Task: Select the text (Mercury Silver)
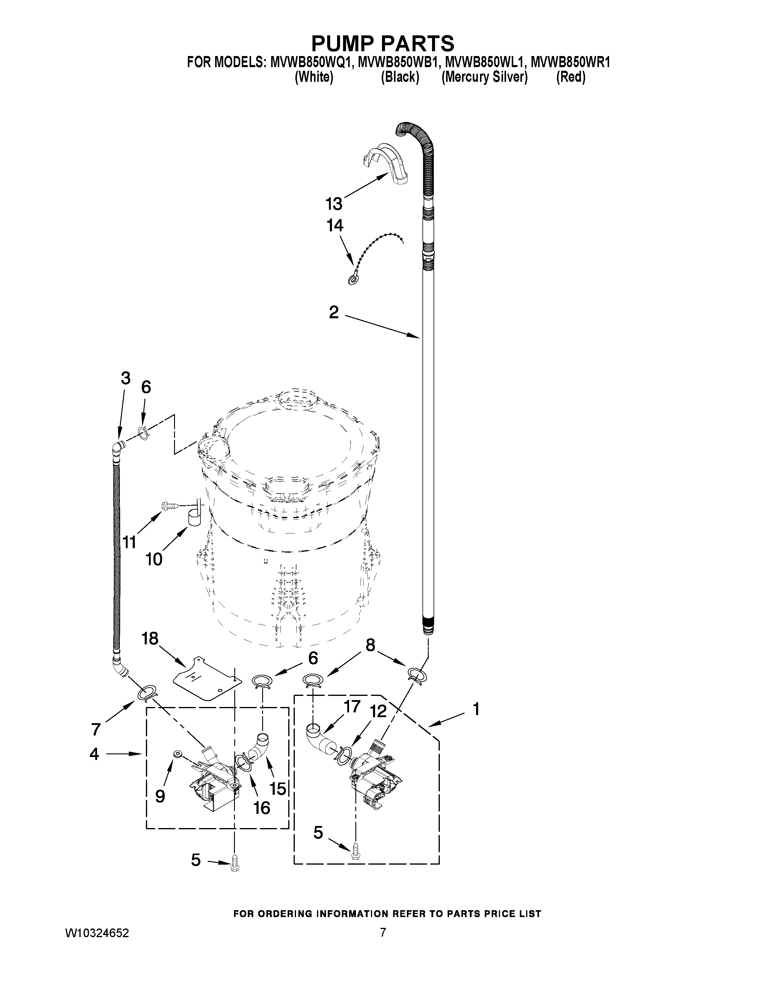click(x=484, y=77)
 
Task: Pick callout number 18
click(x=150, y=639)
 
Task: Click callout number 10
click(x=154, y=560)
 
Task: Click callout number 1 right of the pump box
click(x=476, y=709)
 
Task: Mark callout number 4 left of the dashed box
click(x=94, y=754)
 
